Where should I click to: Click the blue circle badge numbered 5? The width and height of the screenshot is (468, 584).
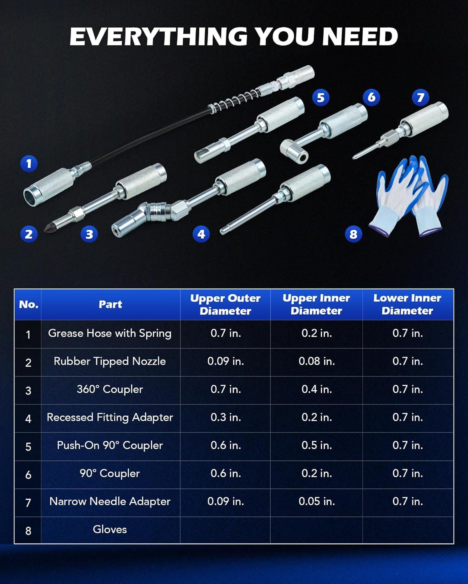pyautogui.click(x=321, y=98)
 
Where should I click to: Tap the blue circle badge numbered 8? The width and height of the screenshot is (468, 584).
pyautogui.click(x=353, y=234)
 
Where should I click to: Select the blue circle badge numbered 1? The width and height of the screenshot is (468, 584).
pyautogui.click(x=29, y=164)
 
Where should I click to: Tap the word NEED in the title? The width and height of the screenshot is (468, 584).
pyautogui.click(x=360, y=36)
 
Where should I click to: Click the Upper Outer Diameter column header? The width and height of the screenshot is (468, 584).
pyautogui.click(x=225, y=304)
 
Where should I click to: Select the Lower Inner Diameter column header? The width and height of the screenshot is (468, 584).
pyautogui.click(x=408, y=304)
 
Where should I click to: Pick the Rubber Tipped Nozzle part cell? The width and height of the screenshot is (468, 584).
pyautogui.click(x=110, y=361)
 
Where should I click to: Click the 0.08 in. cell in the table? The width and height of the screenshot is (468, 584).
pyautogui.click(x=317, y=361)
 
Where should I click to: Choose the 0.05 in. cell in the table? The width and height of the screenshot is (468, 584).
pyautogui.click(x=317, y=501)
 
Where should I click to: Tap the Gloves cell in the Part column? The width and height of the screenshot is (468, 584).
pyautogui.click(x=110, y=529)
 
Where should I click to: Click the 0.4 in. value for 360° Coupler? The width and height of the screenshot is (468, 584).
pyautogui.click(x=317, y=389)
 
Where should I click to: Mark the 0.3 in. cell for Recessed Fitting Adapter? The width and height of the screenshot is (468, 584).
pyautogui.click(x=226, y=417)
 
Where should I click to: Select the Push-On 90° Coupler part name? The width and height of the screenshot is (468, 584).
pyautogui.click(x=110, y=446)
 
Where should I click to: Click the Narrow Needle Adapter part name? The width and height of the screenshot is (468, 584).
pyautogui.click(x=110, y=501)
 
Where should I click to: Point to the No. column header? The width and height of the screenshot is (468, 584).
pyautogui.click(x=28, y=304)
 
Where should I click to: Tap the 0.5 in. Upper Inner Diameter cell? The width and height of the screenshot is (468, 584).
pyautogui.click(x=317, y=445)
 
